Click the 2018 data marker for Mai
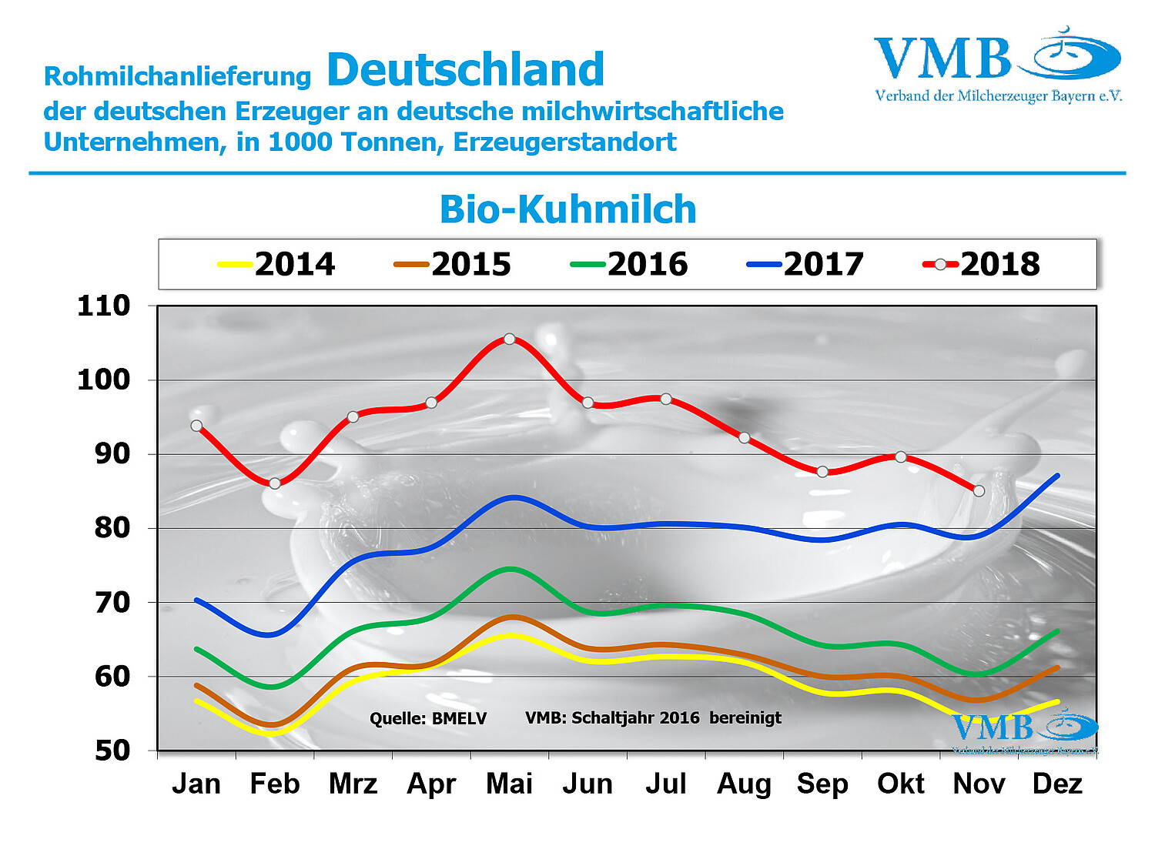(509, 339)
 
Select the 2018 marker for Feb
(275, 483)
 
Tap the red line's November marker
(979, 491)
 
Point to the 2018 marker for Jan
(196, 426)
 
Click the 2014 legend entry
(277, 264)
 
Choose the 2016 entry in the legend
(629, 264)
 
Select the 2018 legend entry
(982, 264)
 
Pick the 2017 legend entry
(805, 264)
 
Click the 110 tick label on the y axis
(104, 306)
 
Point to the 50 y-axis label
(112, 751)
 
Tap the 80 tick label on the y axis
(112, 528)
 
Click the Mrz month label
(353, 784)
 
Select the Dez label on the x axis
(1057, 784)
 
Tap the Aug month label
(744, 784)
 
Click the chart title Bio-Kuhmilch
(567, 209)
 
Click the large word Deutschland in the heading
(466, 69)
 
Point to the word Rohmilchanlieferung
(177, 76)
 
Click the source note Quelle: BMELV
(428, 719)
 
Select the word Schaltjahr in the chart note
(613, 718)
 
